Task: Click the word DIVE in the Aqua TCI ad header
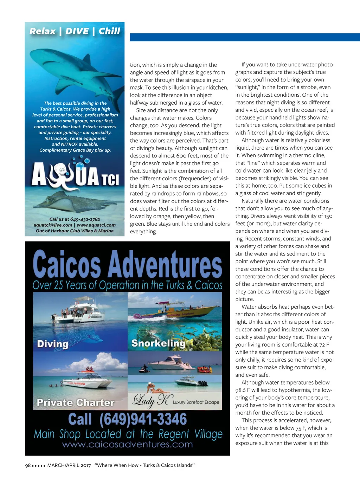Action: click(x=77, y=31)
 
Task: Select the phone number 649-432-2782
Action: click(x=85, y=219)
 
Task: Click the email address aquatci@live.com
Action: click(x=53, y=225)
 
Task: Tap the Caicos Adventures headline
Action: click(x=127, y=265)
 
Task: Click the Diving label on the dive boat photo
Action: click(x=53, y=344)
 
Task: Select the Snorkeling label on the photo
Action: click(x=158, y=343)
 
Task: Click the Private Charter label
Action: click(x=76, y=402)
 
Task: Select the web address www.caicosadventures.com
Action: click(x=127, y=444)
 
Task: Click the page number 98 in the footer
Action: click(x=28, y=465)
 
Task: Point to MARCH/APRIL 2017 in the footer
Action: click(x=69, y=465)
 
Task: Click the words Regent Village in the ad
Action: click(x=190, y=434)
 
